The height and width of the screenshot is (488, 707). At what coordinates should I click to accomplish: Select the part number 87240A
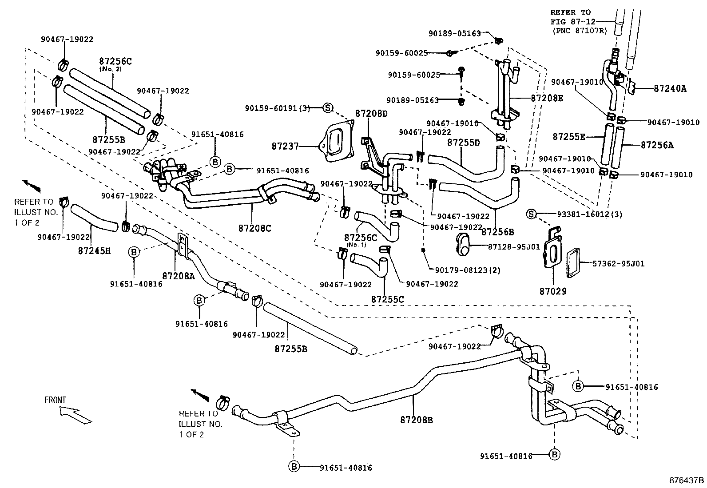[x=670, y=89]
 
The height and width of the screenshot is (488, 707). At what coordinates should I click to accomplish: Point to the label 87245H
[x=94, y=251]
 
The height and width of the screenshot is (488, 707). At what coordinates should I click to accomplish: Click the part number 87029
[x=553, y=291]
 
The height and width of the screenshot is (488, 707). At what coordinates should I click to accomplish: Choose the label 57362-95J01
[x=619, y=264]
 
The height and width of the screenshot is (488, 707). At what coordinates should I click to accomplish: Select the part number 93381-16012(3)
[x=589, y=214]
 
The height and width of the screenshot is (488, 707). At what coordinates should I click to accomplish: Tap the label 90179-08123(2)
[x=468, y=270]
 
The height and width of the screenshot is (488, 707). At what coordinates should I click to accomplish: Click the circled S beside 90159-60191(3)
[x=327, y=107]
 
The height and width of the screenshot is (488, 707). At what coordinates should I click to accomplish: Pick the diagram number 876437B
[x=687, y=480]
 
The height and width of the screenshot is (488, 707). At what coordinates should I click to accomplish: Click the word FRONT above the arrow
[x=55, y=400]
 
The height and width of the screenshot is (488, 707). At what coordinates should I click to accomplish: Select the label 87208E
[x=547, y=98]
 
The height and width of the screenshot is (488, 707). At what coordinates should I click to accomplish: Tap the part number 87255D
[x=464, y=143]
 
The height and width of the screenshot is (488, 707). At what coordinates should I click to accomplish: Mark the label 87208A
[x=179, y=275]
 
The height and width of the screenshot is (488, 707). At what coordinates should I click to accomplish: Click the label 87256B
[x=497, y=231]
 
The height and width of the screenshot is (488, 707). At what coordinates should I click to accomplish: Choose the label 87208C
[x=254, y=228]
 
